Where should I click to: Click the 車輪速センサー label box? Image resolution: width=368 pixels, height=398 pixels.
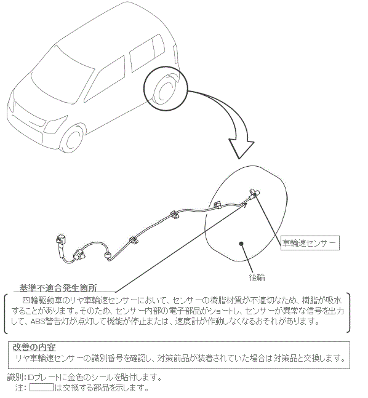(310, 243)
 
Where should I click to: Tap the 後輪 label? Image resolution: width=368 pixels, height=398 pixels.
(257, 277)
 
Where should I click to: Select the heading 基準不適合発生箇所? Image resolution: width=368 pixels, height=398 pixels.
(58, 288)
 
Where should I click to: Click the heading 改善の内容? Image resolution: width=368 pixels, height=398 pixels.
(34, 347)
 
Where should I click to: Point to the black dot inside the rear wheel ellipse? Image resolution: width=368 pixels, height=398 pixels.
(241, 244)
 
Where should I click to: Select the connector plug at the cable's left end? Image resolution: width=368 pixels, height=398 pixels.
(62, 240)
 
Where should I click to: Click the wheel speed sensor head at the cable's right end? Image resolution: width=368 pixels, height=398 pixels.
(254, 193)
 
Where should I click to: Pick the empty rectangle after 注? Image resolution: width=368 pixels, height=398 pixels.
(41, 388)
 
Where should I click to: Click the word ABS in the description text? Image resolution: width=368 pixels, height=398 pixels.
(38, 322)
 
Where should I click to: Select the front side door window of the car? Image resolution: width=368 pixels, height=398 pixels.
(105, 79)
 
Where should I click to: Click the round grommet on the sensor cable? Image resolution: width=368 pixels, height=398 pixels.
(108, 255)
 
